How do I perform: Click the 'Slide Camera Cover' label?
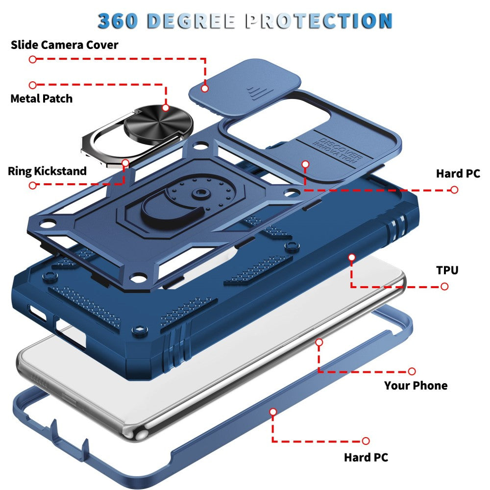64,45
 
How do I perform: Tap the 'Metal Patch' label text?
42,99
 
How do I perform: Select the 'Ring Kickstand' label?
47,171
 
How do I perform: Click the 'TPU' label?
447,270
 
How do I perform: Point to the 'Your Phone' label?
416,385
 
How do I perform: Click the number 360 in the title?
118,21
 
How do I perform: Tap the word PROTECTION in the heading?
319,21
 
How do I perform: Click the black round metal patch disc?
158,123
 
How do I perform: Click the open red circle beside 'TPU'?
444,287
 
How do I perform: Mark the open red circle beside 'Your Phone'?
412,371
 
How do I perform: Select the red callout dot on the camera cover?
205,88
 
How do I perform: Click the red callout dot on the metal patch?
166,108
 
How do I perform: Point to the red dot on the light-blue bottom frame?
273,412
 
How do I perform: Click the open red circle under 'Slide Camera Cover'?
32,59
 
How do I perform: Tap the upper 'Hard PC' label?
458,173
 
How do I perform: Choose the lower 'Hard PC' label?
366,458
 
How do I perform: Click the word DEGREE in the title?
191,21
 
